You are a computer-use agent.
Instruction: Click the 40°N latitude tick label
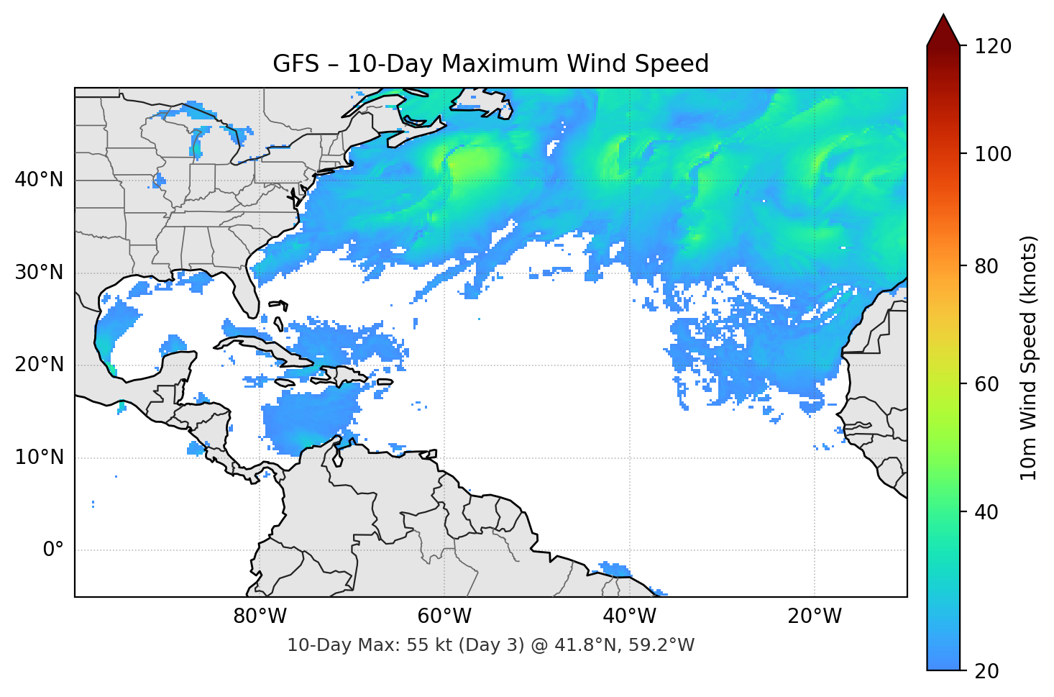click(40, 180)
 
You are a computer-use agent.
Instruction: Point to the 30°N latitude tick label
click(40, 273)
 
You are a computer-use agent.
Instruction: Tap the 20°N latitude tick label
click(40, 365)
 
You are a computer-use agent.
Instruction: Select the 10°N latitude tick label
click(40, 457)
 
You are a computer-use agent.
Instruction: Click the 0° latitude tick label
click(52, 550)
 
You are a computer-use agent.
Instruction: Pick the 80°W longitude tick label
click(260, 616)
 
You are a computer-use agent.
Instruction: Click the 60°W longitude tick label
click(444, 616)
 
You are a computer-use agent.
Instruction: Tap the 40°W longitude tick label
click(629, 616)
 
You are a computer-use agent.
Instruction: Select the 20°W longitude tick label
click(814, 616)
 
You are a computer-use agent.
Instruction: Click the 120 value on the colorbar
click(993, 46)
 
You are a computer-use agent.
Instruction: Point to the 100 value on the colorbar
click(993, 154)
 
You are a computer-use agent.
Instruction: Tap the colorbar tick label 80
click(986, 266)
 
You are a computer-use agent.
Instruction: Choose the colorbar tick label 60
click(986, 384)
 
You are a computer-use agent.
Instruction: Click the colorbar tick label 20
click(986, 671)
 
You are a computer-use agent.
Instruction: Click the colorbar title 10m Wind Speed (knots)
click(1029, 357)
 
